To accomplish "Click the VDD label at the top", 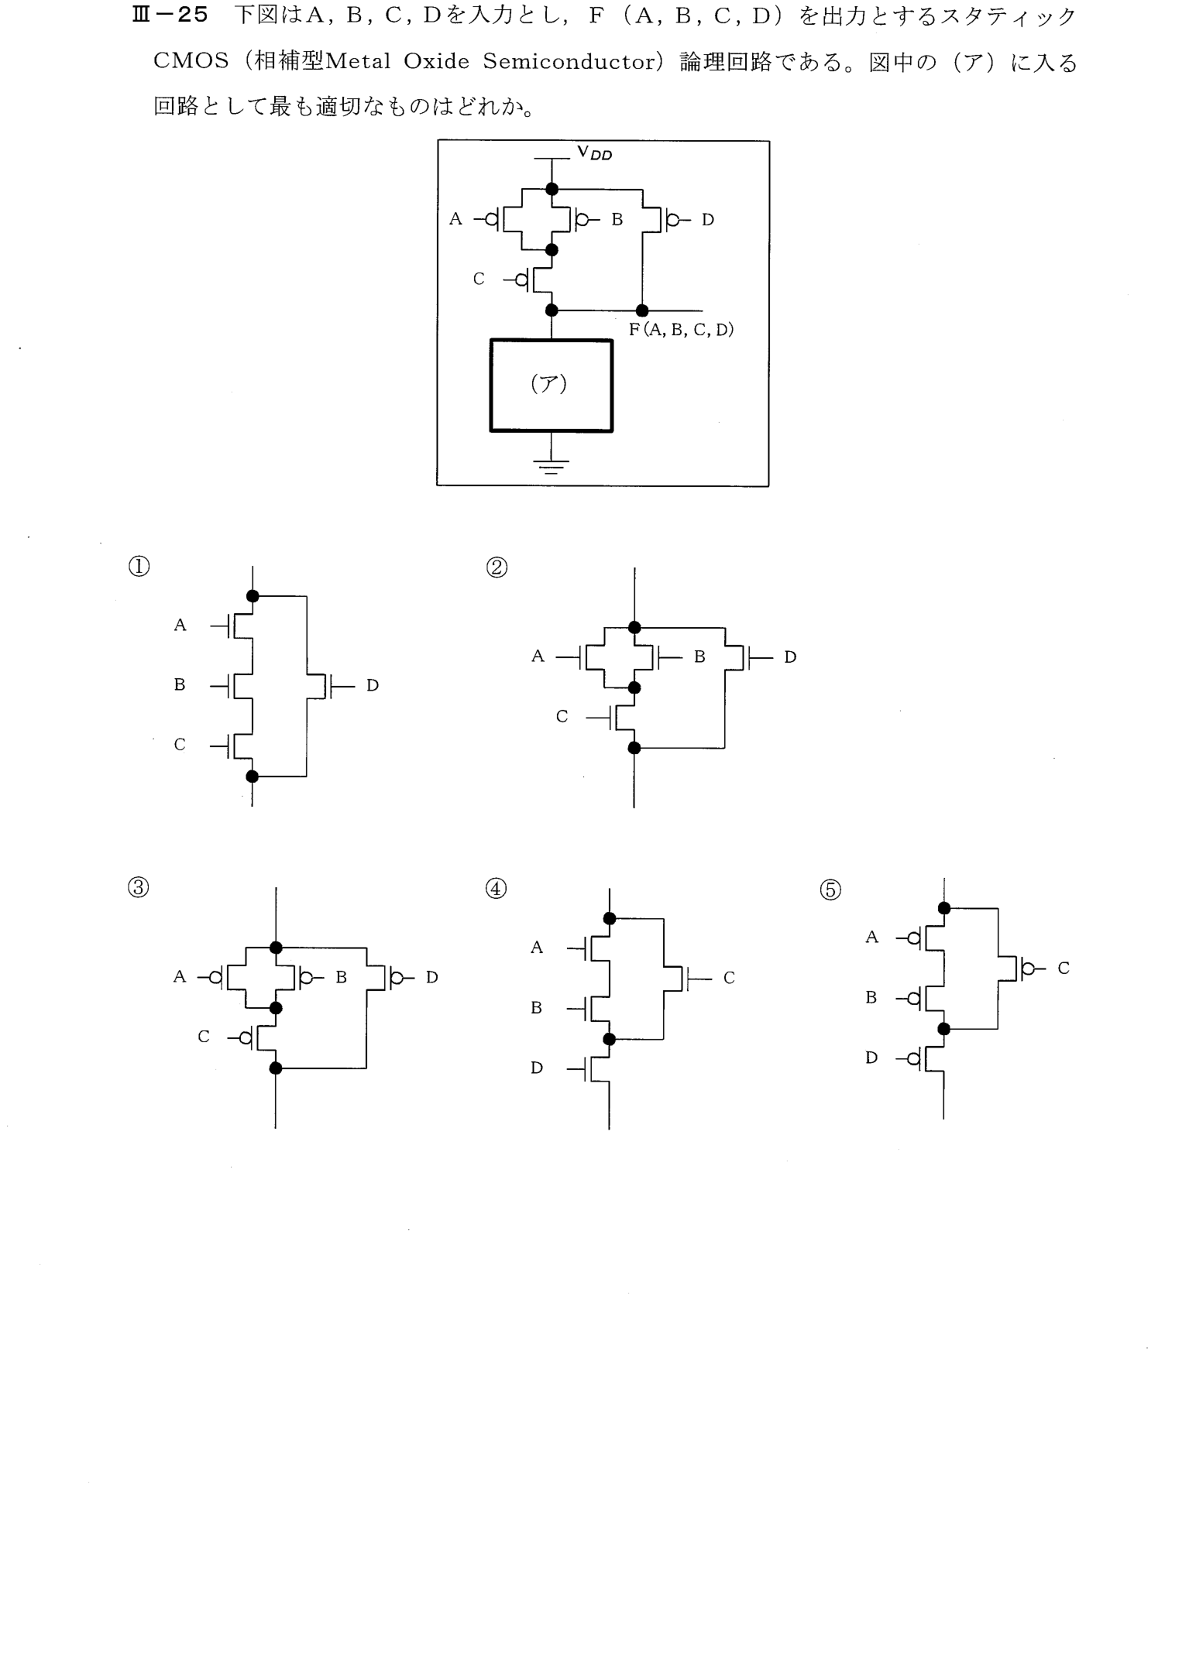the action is tap(594, 153).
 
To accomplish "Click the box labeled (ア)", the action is tap(551, 386).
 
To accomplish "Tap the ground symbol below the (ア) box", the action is tap(551, 466).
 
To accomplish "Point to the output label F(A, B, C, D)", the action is tap(681, 330).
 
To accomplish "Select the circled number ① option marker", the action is tap(139, 567).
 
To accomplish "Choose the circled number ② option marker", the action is tap(497, 568).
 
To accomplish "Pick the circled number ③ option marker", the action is tap(138, 888).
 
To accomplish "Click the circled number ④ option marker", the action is tap(496, 890).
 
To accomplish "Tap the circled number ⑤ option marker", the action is tap(830, 890).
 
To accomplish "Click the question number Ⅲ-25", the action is tap(171, 17).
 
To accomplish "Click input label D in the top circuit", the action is tap(708, 220).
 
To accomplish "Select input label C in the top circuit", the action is tap(479, 279).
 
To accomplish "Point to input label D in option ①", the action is tap(373, 686).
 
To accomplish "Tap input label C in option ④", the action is tap(729, 979).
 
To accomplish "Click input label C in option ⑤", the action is tap(1064, 969).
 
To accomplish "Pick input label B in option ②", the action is tap(699, 657).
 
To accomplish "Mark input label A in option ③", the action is tap(180, 977).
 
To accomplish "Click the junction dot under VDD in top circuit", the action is tap(552, 189).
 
